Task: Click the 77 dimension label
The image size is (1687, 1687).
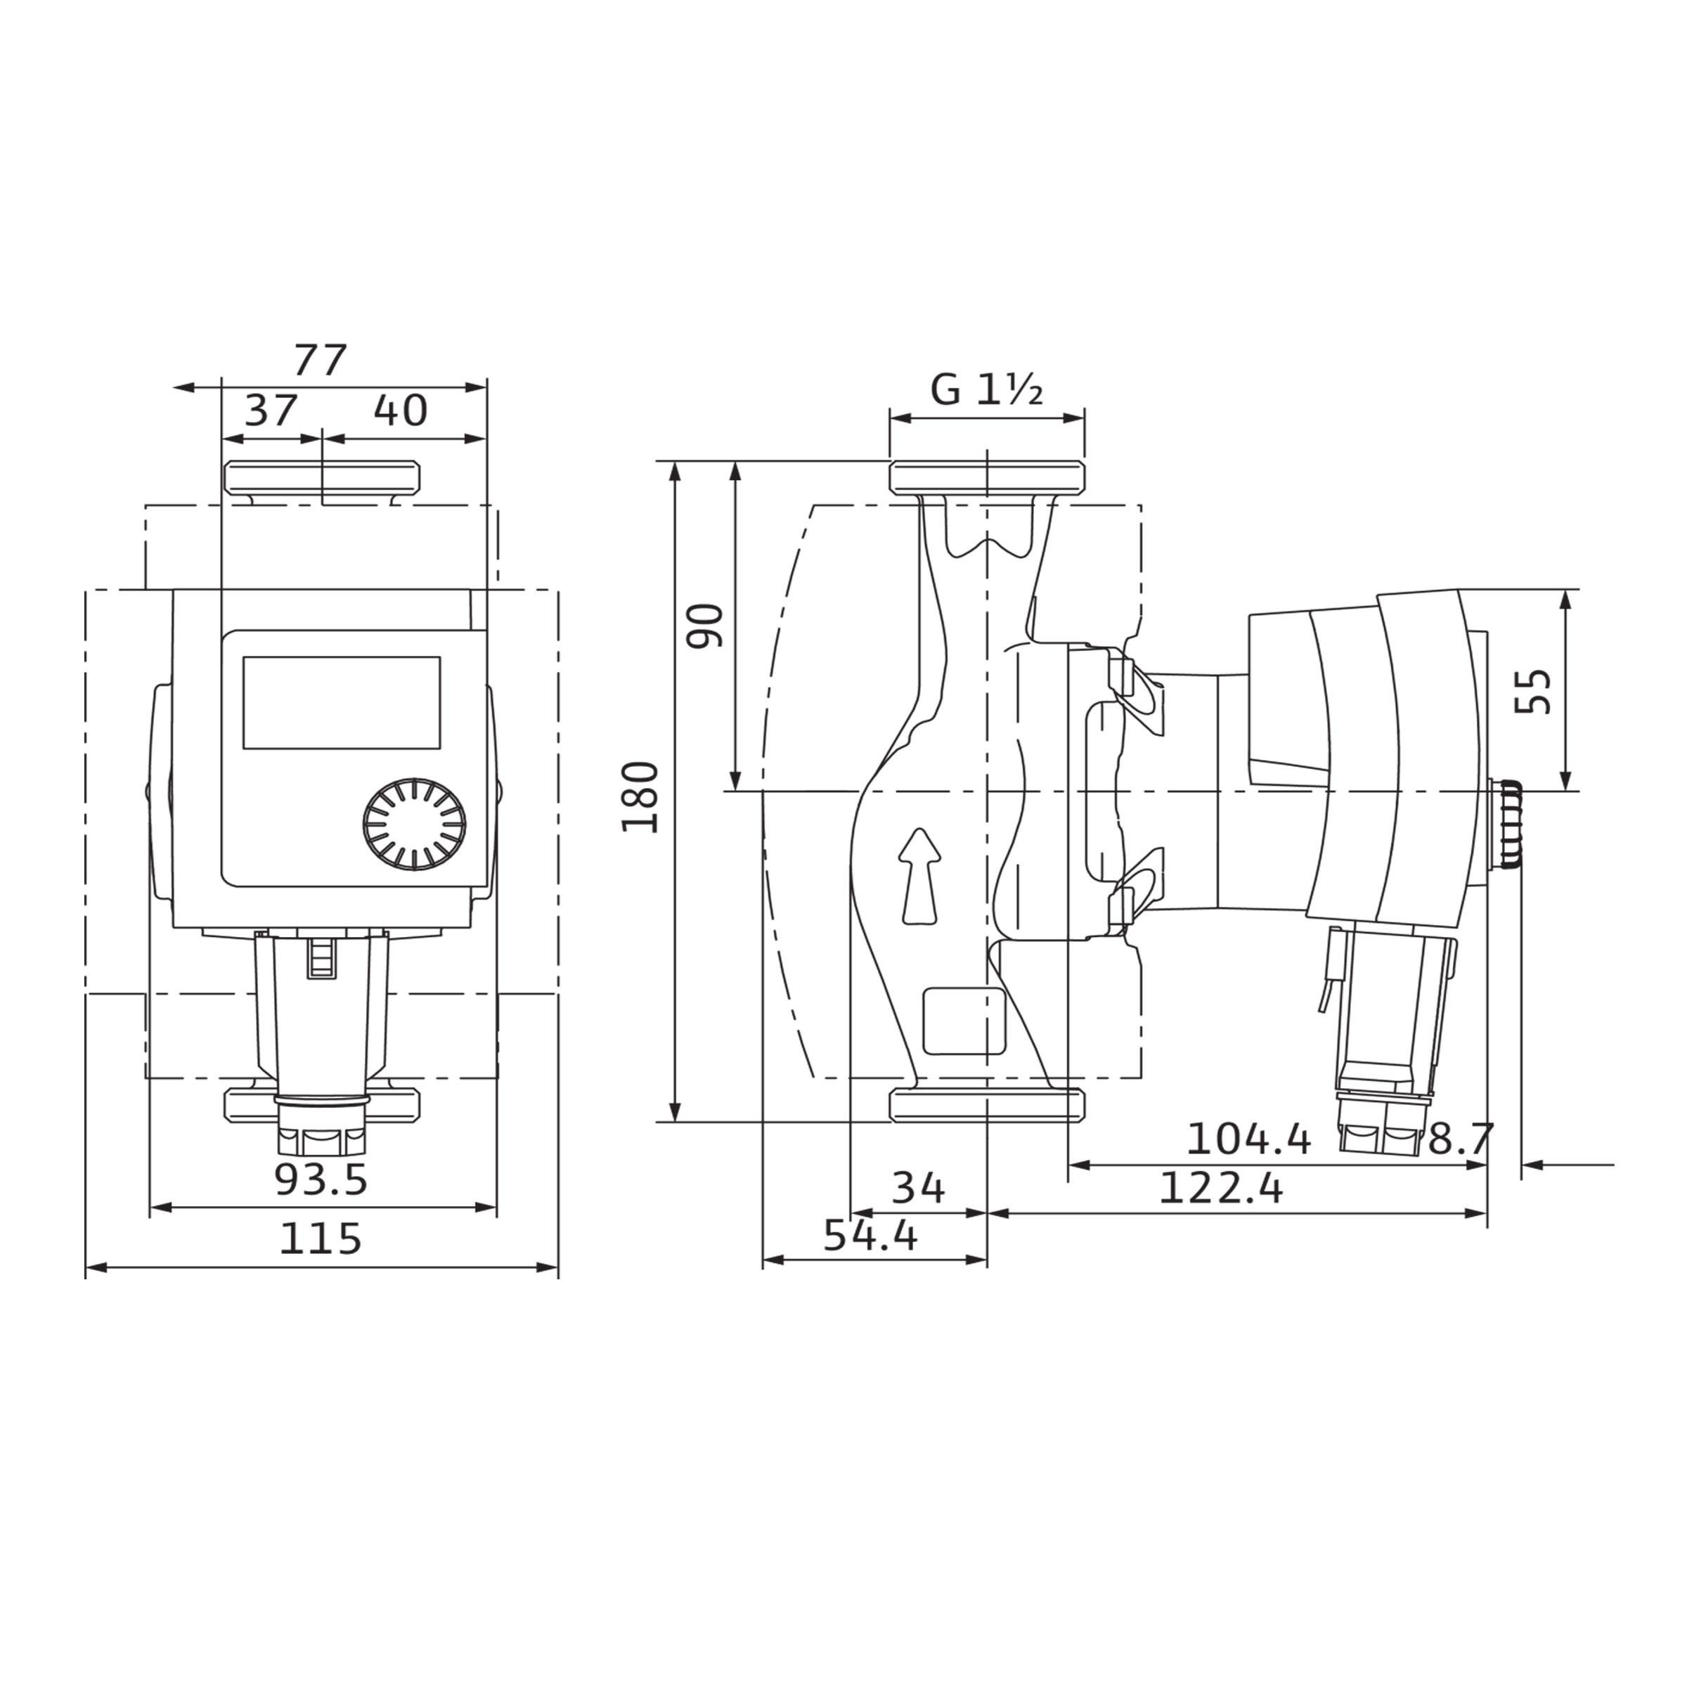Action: point(321,360)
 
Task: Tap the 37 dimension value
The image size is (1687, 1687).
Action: point(271,410)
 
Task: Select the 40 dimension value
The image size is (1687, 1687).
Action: point(401,410)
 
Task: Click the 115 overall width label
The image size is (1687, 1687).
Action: point(321,1239)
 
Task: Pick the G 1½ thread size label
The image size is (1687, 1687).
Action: point(987,389)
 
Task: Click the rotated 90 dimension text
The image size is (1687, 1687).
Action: point(706,625)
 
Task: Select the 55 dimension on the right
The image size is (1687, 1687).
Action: point(1533,692)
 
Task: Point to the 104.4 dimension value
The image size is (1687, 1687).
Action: point(1248,1139)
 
